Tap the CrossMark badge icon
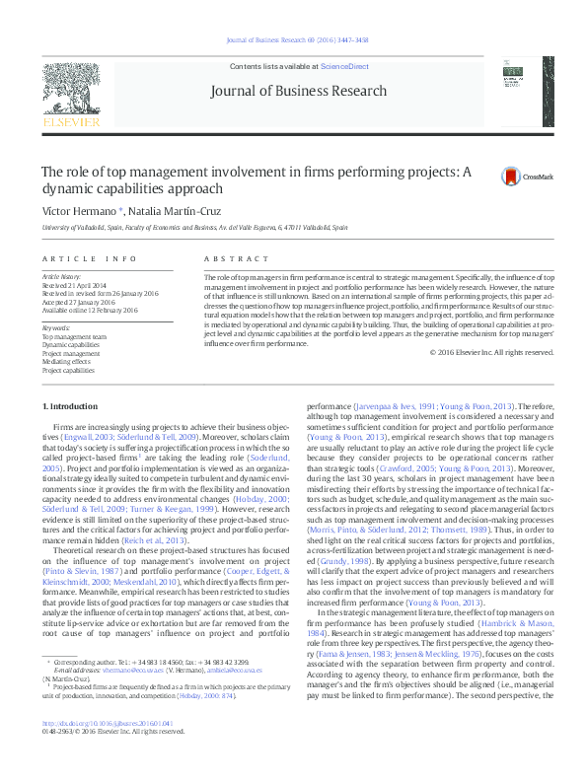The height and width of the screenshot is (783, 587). [x=510, y=178]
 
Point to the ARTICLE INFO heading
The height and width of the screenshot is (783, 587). [x=90, y=258]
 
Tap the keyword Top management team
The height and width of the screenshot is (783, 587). [x=67, y=336]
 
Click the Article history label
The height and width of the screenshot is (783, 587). [x=61, y=278]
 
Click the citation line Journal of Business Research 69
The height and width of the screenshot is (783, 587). [x=296, y=40]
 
